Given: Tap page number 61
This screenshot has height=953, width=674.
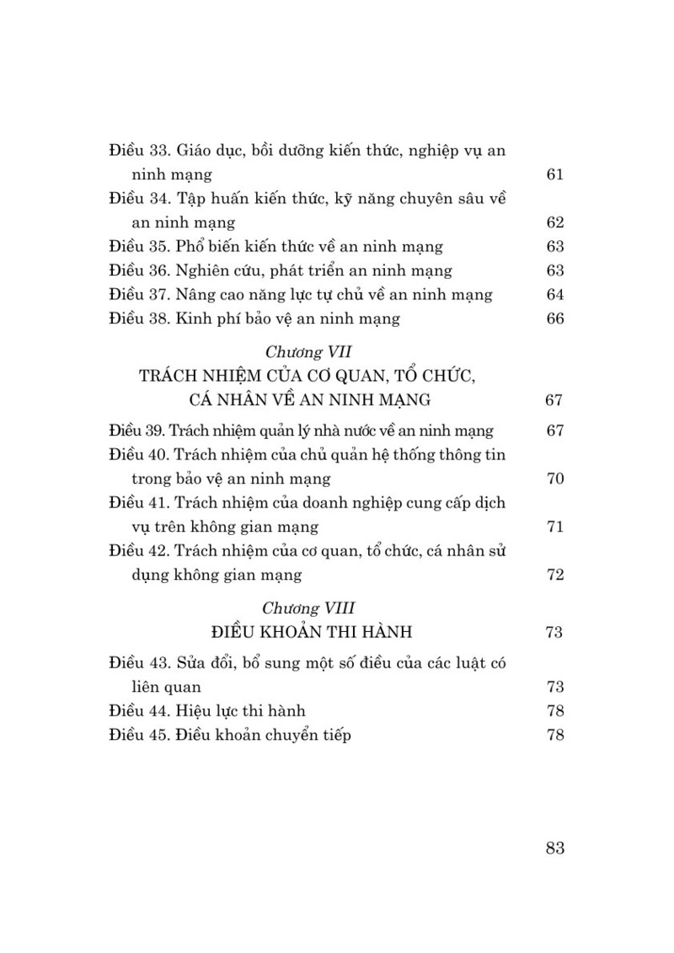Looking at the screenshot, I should tap(554, 175).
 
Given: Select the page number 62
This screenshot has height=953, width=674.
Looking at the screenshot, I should tap(554, 223).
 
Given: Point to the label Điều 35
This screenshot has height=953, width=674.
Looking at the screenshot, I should tap(140, 247).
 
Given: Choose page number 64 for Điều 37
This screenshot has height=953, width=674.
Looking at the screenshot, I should tap(554, 295).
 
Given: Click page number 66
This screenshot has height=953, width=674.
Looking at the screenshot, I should tap(554, 319).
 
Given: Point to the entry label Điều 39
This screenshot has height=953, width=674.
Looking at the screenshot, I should tap(139, 431).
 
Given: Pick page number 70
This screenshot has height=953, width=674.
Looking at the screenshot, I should tap(554, 479).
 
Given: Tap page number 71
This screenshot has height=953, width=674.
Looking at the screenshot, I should tap(554, 527).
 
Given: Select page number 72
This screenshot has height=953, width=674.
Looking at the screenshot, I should tap(554, 576).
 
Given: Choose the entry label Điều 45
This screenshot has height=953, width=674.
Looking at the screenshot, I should tap(140, 736).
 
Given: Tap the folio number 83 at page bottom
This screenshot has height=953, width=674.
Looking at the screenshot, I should tap(554, 849).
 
